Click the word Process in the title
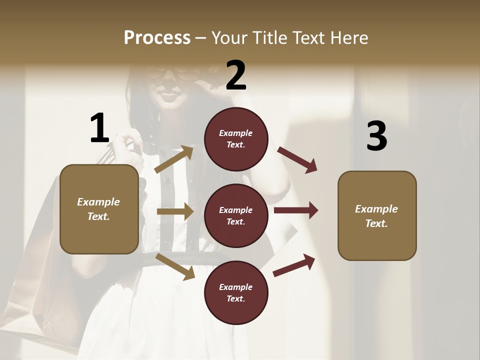157,37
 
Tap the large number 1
99,128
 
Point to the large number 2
236,75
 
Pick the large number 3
376,136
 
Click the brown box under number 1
99,209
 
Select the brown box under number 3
377,216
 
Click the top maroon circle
236,139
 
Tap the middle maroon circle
236,216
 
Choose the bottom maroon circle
236,293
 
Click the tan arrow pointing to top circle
174,159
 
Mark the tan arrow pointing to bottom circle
175,266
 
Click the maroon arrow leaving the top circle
297,160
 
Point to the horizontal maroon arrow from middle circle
295,210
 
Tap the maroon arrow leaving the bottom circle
294,265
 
